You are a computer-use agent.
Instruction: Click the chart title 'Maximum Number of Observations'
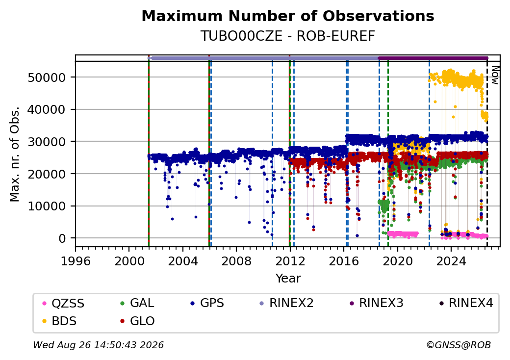288,16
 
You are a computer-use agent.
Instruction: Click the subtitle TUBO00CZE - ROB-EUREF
288,36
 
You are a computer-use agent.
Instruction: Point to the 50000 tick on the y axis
47,77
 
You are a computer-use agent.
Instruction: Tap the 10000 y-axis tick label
47,206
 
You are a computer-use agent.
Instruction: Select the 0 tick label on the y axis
62,238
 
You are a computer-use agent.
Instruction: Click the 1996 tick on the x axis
76,261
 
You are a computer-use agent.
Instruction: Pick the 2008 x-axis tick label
236,261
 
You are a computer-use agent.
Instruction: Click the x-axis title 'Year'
288,279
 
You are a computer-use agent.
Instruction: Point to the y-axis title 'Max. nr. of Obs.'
15,154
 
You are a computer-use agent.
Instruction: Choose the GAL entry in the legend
137,303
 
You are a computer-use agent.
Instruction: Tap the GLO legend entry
137,321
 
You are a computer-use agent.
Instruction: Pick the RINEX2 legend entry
286,303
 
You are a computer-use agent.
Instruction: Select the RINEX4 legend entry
466,303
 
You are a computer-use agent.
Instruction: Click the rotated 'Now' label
495,75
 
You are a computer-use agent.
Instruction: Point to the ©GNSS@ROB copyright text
459,345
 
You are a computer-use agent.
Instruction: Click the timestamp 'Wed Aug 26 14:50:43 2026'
99,345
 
